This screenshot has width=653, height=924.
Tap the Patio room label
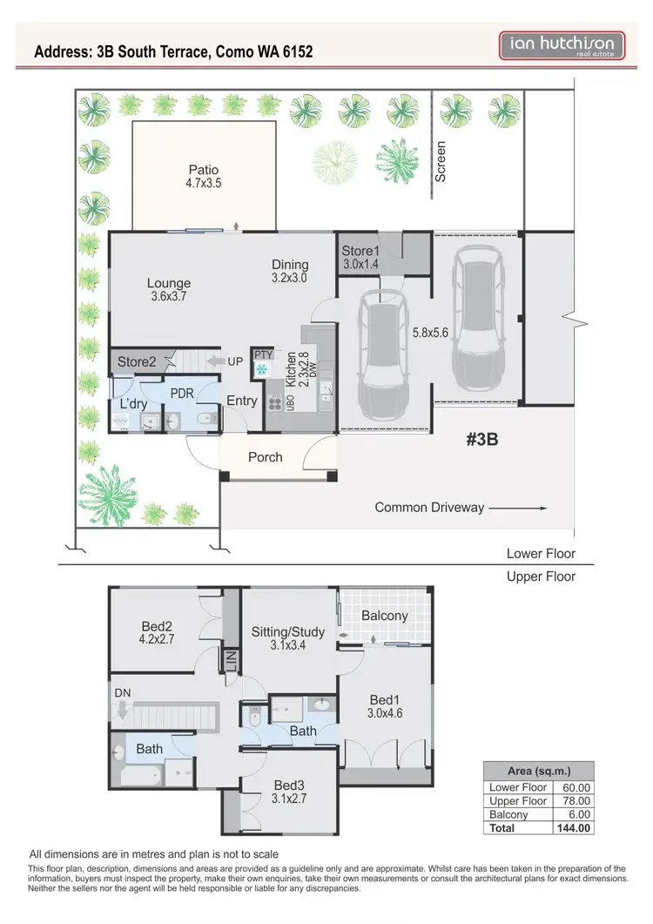(204, 170)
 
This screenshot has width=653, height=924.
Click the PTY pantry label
(263, 354)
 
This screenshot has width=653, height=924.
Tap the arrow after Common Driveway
(517, 507)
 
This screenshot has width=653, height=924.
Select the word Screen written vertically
(441, 161)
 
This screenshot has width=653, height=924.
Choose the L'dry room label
(135, 403)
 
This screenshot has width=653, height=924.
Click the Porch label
(266, 456)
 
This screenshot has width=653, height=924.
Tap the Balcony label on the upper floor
(384, 615)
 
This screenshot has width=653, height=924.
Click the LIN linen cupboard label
(232, 662)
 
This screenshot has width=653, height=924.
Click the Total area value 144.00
(574, 828)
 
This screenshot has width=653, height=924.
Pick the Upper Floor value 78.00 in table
(574, 800)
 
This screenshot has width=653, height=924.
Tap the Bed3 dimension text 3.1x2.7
(289, 797)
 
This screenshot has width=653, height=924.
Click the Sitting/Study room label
(287, 631)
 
